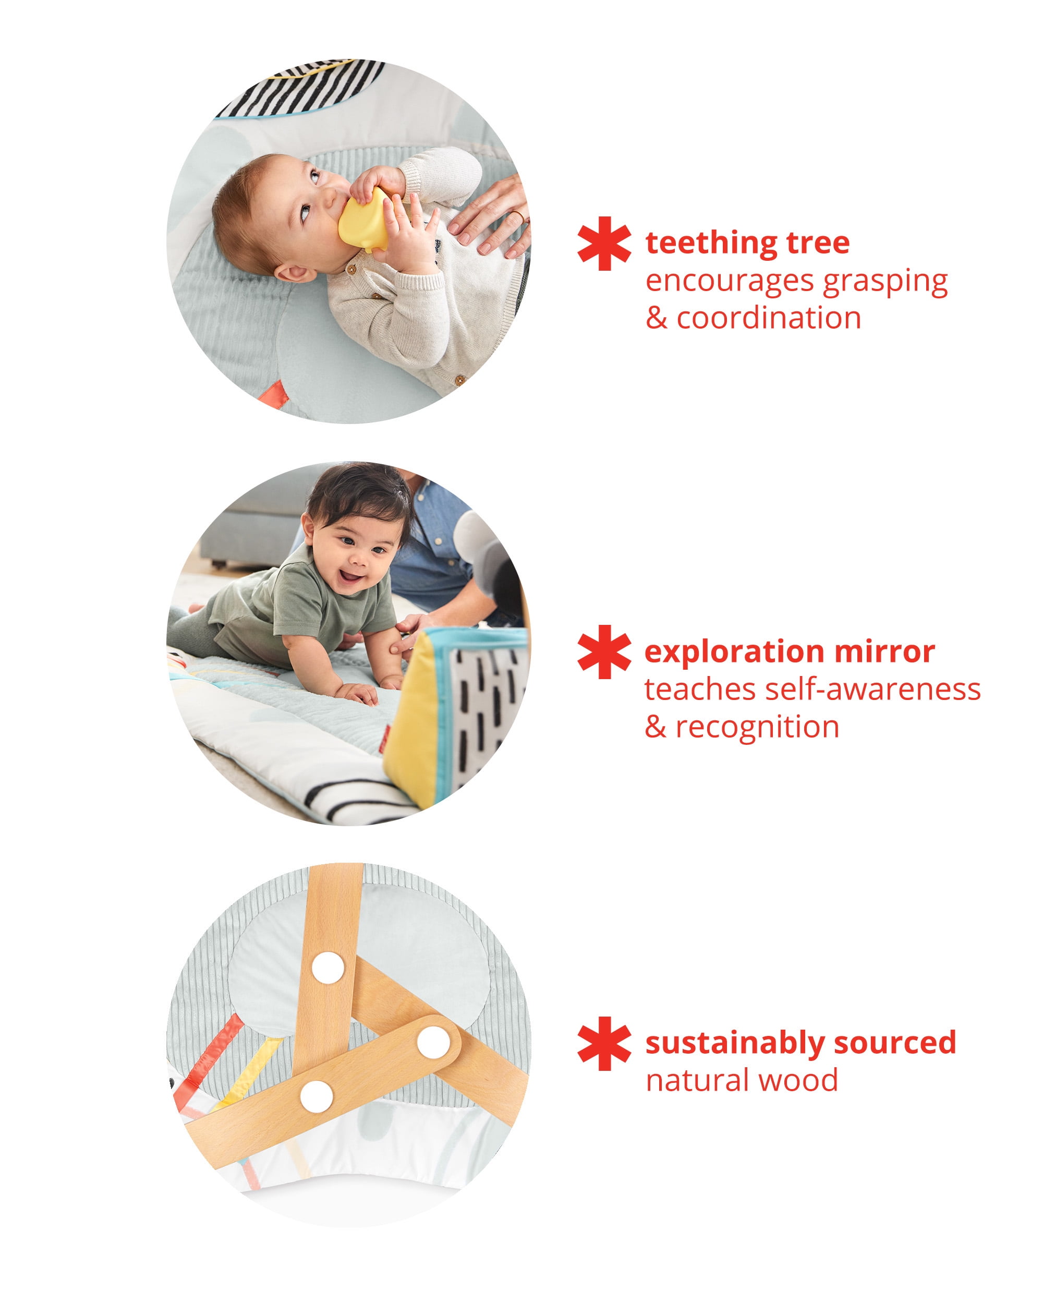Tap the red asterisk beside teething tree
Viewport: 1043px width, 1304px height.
[x=603, y=243]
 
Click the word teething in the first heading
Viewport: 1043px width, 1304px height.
[x=711, y=243]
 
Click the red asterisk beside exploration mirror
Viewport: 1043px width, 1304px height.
[x=603, y=652]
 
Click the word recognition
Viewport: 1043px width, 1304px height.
[x=757, y=727]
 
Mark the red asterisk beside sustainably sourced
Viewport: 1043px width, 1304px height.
[x=603, y=1043]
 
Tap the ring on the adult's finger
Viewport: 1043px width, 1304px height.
[x=519, y=215]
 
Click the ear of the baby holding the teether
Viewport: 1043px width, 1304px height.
[x=295, y=273]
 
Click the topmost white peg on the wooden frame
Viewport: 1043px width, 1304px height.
[x=328, y=968]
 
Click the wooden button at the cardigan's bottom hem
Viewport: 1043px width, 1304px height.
[x=459, y=380]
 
